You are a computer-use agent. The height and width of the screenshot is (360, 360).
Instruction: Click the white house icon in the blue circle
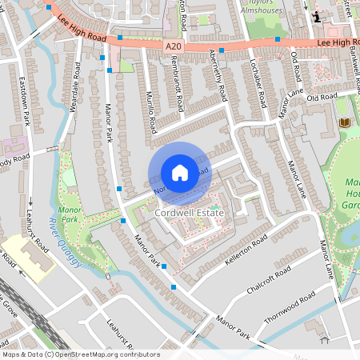[180, 173]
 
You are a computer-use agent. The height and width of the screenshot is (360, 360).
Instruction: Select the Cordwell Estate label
[189, 214]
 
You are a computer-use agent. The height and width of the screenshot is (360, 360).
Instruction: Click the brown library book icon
[345, 122]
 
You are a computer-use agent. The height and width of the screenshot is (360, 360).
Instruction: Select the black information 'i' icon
[317, 16]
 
